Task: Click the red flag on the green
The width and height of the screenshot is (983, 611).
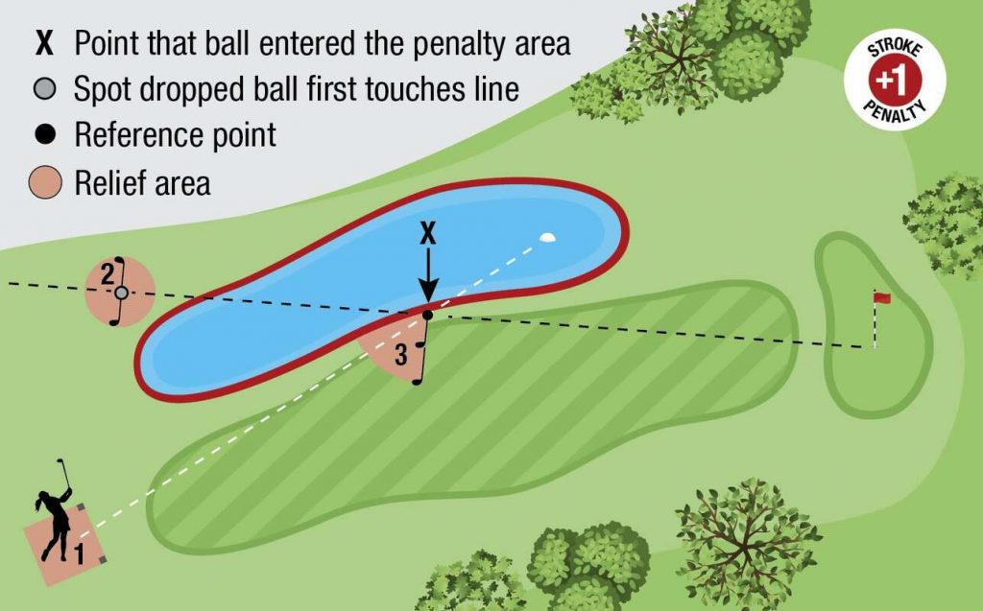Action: pyautogui.click(x=881, y=298)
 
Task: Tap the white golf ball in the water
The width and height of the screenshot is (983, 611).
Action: pyautogui.click(x=547, y=236)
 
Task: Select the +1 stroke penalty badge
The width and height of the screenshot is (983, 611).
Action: pyautogui.click(x=894, y=82)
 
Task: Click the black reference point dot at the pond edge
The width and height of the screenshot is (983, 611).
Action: pyautogui.click(x=428, y=315)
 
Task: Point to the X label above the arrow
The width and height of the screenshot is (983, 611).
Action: pyautogui.click(x=428, y=233)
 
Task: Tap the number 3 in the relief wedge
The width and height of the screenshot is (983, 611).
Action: pyautogui.click(x=400, y=355)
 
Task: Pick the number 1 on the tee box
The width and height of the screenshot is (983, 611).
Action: pyautogui.click(x=80, y=552)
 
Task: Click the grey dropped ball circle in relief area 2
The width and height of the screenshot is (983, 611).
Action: pyautogui.click(x=121, y=293)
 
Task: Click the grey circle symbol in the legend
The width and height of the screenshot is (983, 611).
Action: pyautogui.click(x=45, y=89)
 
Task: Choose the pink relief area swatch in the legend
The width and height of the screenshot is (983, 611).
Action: pyautogui.click(x=45, y=181)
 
